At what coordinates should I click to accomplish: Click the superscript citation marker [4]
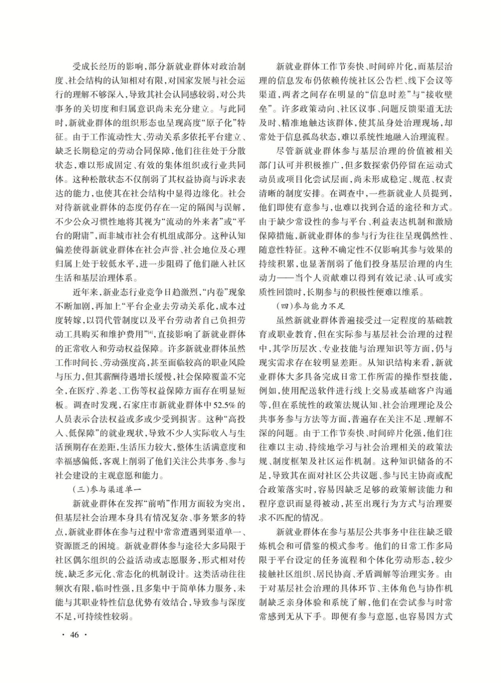point(151,333)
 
